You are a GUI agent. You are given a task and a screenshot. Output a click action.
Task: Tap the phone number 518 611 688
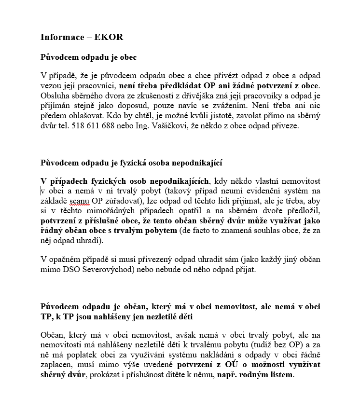pos(94,126)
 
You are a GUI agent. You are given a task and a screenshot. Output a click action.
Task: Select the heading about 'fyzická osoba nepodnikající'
pos(131,162)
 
